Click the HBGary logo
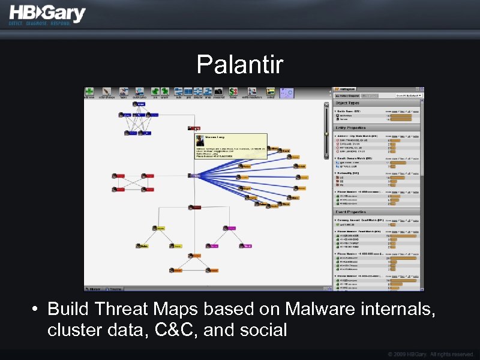(x=47, y=13)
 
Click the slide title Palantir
(x=239, y=65)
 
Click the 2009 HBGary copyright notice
(x=430, y=354)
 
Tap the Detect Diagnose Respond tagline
(x=40, y=23)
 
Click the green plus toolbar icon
(x=89, y=92)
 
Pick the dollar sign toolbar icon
(x=155, y=92)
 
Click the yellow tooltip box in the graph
(x=230, y=146)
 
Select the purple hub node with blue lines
(x=195, y=176)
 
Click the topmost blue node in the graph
(x=139, y=104)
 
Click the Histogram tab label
(x=350, y=95)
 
